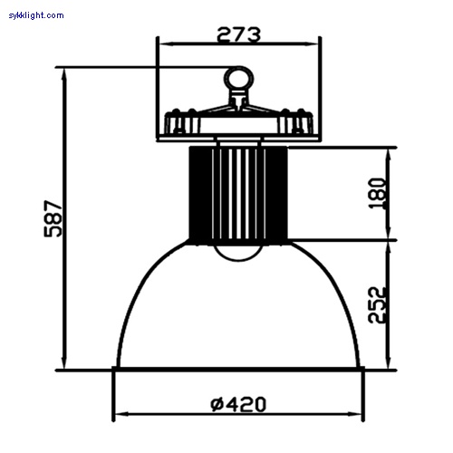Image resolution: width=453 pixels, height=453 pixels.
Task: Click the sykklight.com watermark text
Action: (36, 15)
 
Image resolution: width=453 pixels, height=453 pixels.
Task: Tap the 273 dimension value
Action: (238, 34)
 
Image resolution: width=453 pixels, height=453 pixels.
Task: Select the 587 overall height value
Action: (53, 218)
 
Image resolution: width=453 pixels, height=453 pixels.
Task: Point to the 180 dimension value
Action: (377, 193)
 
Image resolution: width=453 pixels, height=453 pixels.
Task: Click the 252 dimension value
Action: (377, 305)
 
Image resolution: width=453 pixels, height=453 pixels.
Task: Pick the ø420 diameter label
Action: (238, 404)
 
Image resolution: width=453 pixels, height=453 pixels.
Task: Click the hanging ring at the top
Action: (238, 79)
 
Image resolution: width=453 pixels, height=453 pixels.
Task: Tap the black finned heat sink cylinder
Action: (238, 193)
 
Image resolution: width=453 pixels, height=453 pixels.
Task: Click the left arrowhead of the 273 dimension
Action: (166, 44)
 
